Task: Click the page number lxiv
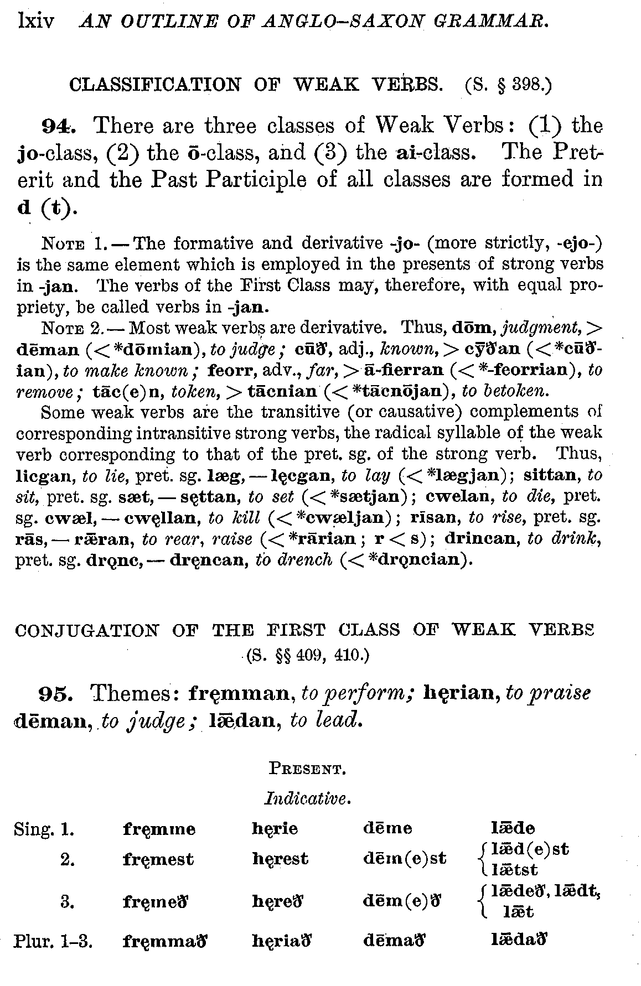36,22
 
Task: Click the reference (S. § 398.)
508,85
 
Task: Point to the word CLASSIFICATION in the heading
155,85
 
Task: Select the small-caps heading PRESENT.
307,769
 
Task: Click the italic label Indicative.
307,798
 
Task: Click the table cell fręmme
159,829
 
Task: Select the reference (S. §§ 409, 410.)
307,656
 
